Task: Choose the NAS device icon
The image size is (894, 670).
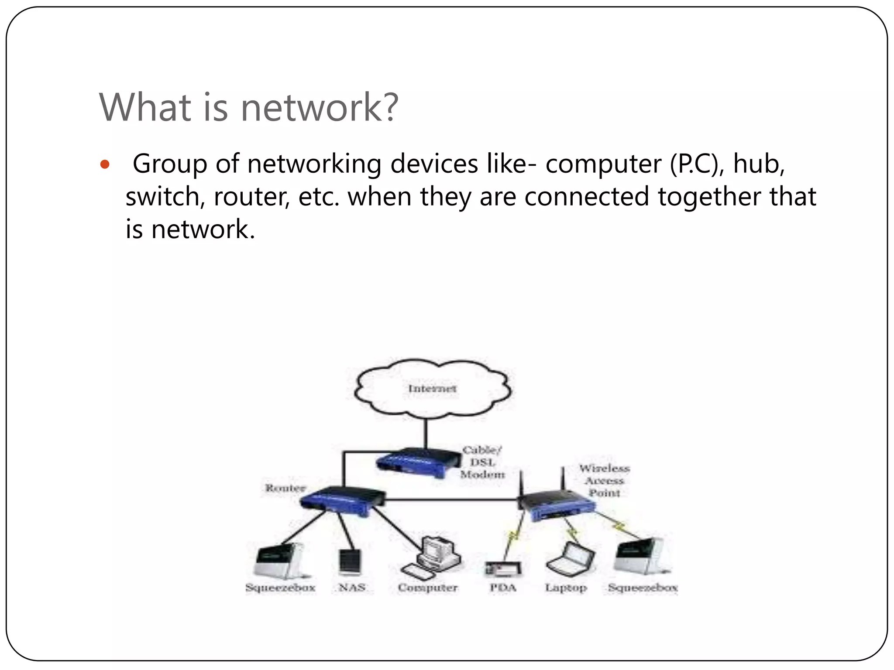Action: click(351, 562)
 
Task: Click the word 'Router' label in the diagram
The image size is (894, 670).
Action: click(285, 488)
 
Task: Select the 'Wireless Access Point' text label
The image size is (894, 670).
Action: click(605, 480)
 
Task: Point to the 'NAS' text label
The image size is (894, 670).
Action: click(352, 588)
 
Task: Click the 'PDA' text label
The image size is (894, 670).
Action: click(503, 588)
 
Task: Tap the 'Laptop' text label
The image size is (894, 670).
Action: click(566, 588)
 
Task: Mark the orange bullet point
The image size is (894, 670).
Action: click(104, 165)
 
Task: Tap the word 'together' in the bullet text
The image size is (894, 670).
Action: click(709, 197)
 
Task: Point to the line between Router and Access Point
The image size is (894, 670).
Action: click(450, 499)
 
